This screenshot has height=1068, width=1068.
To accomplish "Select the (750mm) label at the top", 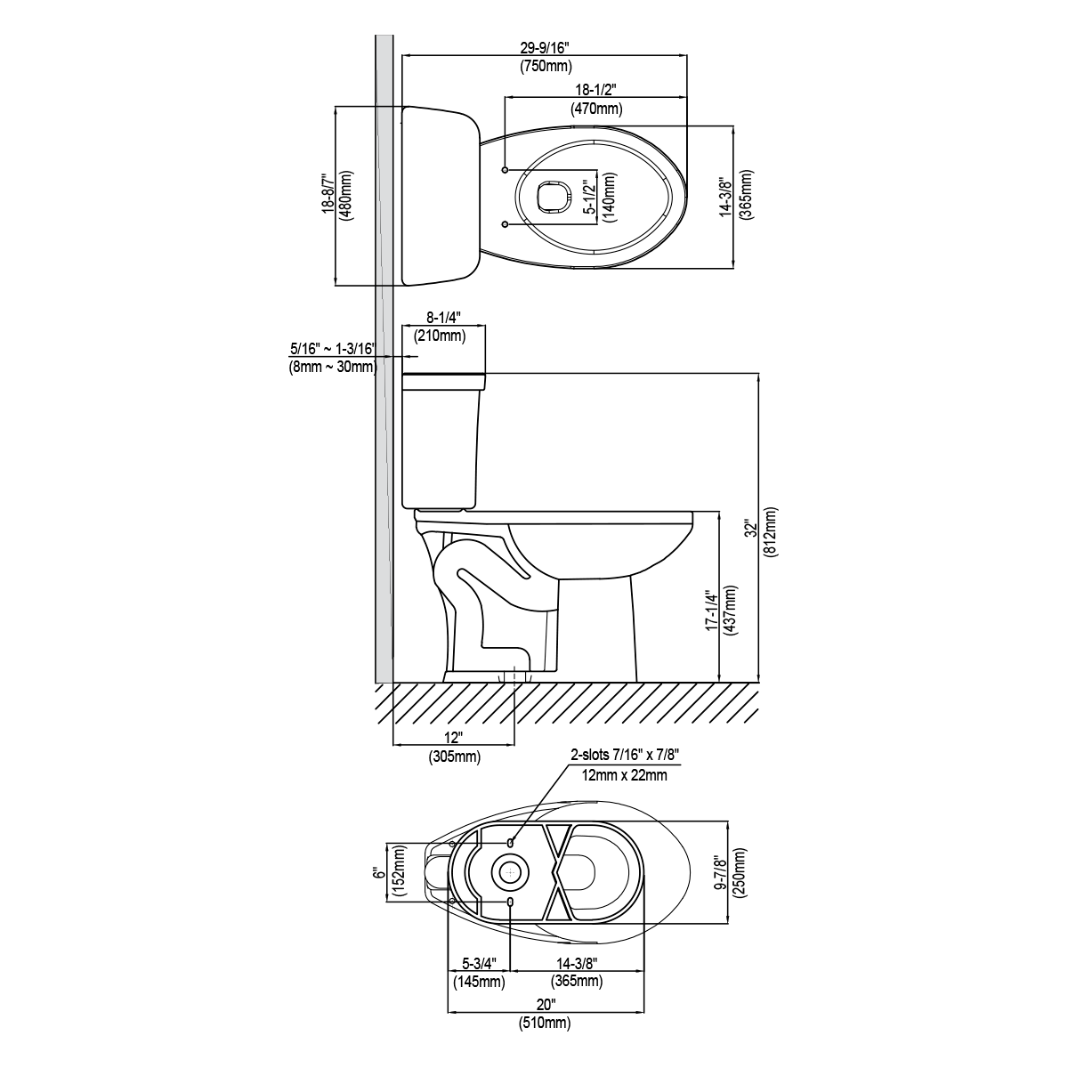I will click(x=546, y=67).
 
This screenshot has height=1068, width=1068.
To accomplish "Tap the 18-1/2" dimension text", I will click(x=595, y=90).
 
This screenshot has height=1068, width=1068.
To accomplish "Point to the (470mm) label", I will click(x=595, y=109).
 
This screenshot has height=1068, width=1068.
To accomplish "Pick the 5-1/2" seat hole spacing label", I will click(x=587, y=198).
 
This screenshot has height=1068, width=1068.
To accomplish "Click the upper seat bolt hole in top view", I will click(x=506, y=169).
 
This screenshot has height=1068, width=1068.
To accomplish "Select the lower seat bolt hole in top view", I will click(x=506, y=223).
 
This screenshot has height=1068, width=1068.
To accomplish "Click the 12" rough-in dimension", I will click(x=454, y=738).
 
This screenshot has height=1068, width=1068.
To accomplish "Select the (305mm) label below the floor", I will click(x=454, y=756).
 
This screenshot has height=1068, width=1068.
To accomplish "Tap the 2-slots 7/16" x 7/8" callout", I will click(x=625, y=756).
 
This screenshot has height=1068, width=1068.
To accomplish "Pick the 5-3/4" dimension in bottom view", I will click(x=477, y=964).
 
